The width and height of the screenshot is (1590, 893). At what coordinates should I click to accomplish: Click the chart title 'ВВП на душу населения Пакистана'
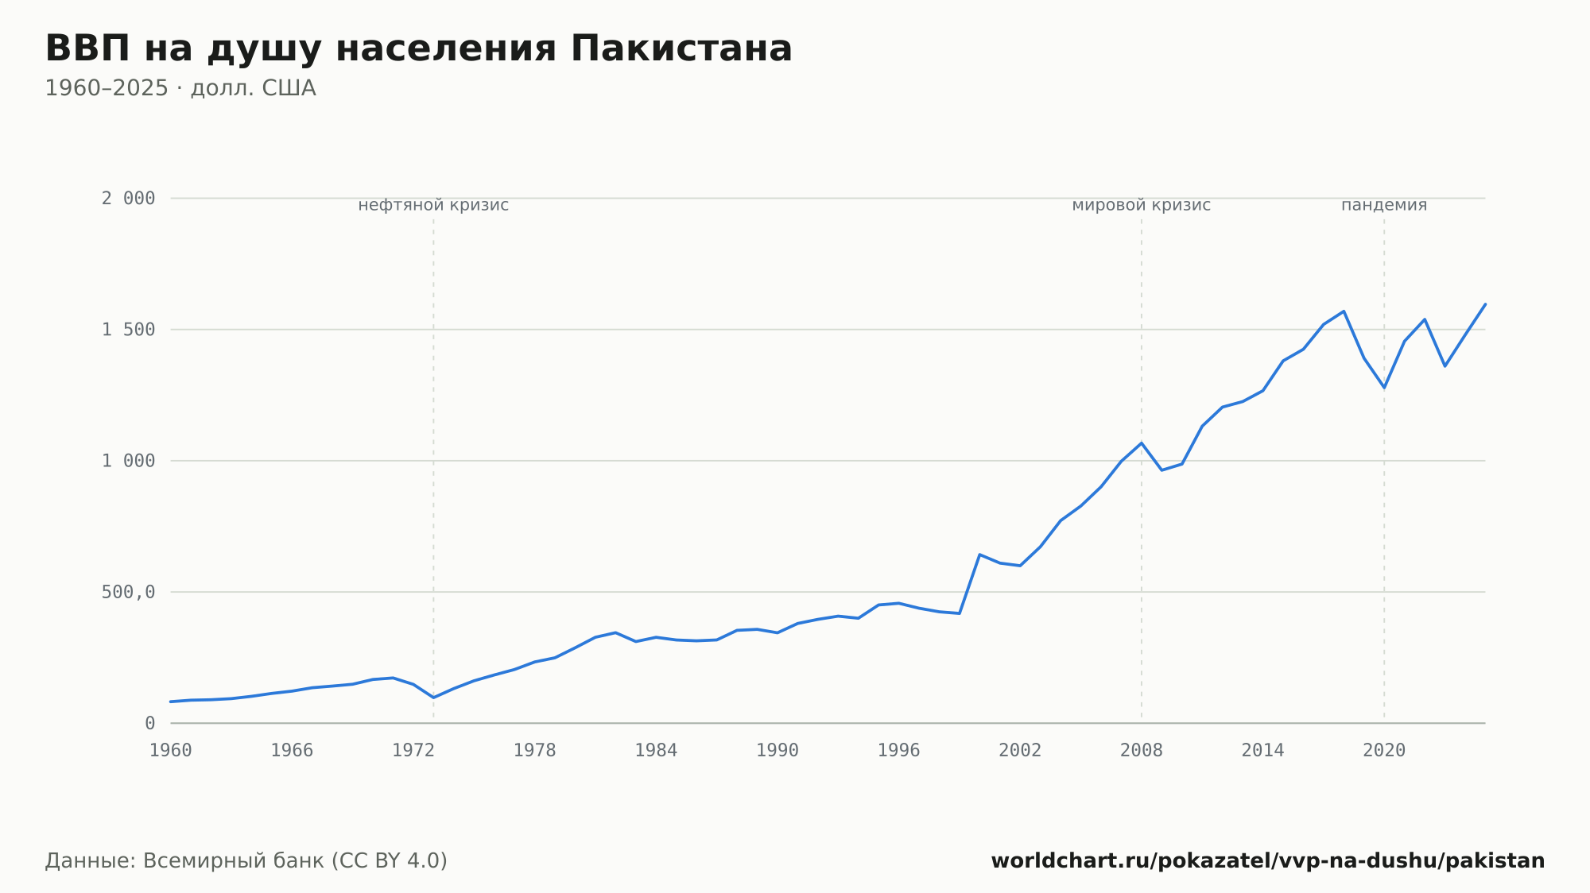pos(419,49)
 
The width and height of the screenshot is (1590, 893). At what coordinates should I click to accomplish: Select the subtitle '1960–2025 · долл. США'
pos(180,88)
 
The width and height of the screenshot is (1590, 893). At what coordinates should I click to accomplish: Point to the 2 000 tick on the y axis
pos(128,199)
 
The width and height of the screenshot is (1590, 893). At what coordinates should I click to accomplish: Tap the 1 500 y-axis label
pos(128,330)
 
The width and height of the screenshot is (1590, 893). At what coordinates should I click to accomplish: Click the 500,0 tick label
pos(128,592)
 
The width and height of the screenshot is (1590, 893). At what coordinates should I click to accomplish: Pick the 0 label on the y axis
pos(150,723)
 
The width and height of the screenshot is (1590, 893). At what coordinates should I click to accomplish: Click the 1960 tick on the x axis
pos(171,751)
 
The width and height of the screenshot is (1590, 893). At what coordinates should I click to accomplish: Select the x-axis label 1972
pos(413,751)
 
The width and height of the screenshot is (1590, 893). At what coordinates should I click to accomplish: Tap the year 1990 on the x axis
pos(778,751)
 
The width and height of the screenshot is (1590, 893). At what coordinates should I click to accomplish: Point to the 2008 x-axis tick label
pos(1142,751)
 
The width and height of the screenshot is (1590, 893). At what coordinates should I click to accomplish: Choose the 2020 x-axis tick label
pos(1384,751)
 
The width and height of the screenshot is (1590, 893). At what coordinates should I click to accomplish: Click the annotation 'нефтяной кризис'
pos(433,205)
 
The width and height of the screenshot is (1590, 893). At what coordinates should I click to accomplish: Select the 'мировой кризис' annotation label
pos(1142,205)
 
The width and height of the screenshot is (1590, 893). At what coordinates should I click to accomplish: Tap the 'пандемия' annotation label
pos(1384,205)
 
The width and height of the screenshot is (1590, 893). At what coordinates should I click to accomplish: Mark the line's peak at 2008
pos(1142,443)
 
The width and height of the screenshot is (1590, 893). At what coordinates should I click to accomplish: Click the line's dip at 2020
pos(1384,388)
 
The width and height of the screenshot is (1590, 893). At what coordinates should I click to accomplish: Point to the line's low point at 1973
pos(433,698)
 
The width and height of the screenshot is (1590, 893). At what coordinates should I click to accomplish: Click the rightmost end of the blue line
pos(1485,304)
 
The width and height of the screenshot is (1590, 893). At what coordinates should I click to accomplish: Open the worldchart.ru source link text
pos(1268,861)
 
